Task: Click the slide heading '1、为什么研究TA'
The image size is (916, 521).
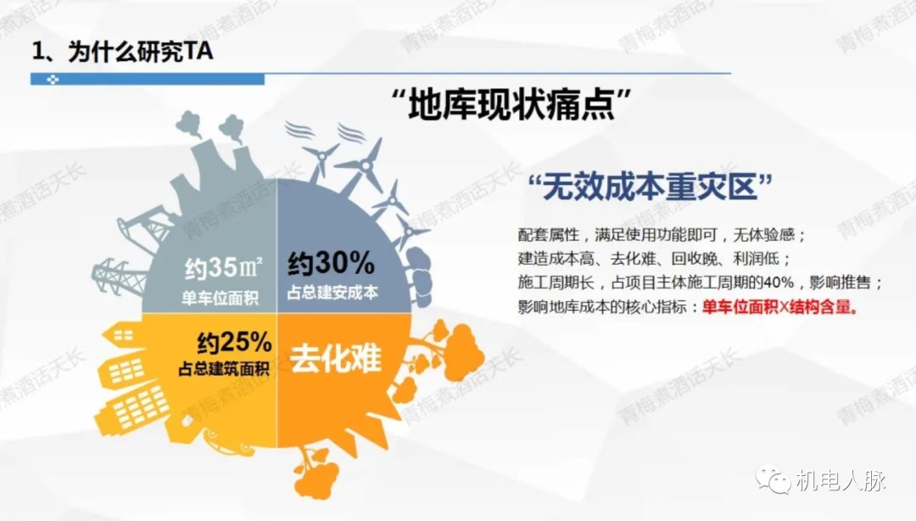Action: (123, 52)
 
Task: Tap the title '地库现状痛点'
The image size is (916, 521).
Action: (511, 104)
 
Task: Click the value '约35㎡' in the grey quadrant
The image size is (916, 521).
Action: (224, 268)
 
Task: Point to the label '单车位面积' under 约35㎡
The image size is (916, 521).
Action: (220, 298)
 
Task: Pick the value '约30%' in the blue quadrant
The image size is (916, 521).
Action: (332, 263)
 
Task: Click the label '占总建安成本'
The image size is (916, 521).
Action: (332, 293)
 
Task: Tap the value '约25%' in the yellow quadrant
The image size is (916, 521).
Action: (234, 342)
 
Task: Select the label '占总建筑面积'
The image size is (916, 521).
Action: (224, 369)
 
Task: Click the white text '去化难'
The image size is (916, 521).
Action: (336, 358)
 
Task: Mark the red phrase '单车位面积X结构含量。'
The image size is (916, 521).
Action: (780, 307)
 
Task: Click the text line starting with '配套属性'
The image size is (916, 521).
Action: (662, 235)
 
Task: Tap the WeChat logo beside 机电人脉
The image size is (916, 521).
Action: (774, 479)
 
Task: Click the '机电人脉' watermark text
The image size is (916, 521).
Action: (841, 480)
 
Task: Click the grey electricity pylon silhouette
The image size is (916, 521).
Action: (119, 276)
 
